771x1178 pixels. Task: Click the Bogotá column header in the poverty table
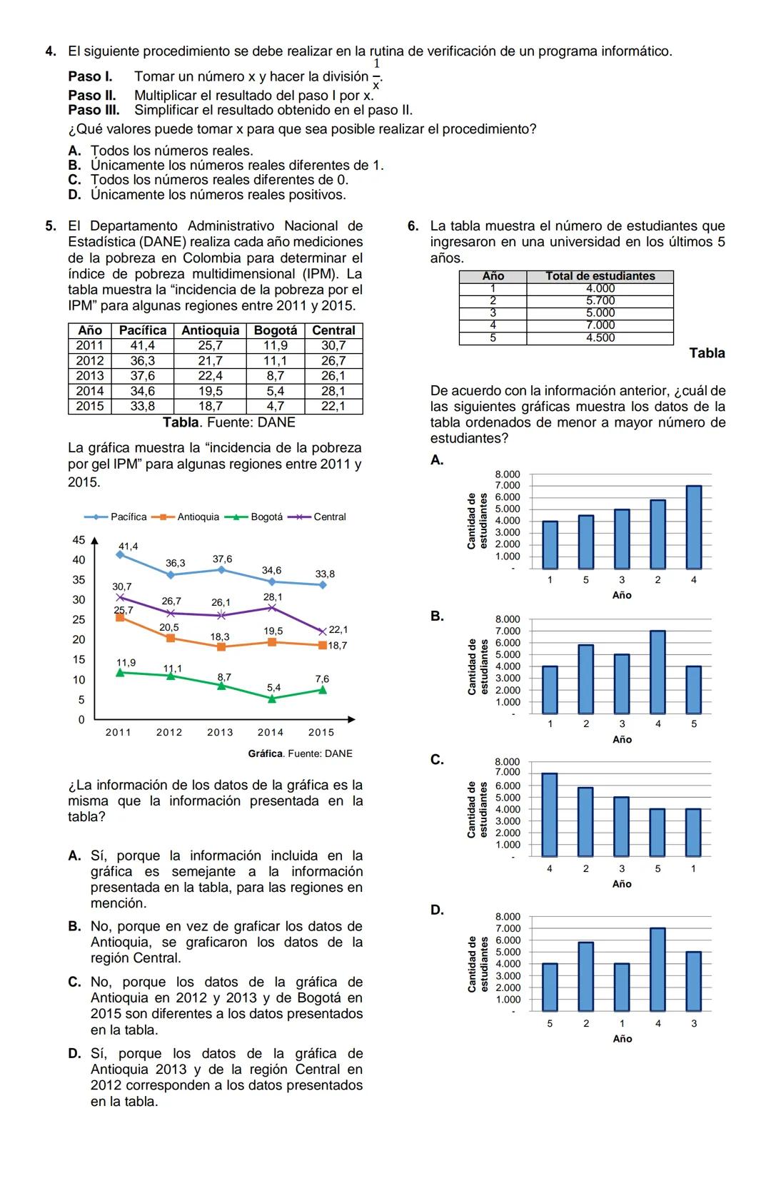(x=276, y=330)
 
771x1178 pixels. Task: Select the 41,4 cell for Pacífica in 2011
(x=142, y=345)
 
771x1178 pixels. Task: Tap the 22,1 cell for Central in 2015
(x=333, y=406)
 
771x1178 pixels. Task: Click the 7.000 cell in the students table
(x=600, y=325)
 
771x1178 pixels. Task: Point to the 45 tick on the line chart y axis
(x=79, y=540)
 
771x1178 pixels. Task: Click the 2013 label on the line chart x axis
(x=220, y=732)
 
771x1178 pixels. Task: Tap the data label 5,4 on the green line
(x=273, y=688)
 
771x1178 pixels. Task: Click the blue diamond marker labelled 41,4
(x=120, y=554)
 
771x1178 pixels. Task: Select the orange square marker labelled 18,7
(x=323, y=646)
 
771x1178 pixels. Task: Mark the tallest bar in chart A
(x=693, y=527)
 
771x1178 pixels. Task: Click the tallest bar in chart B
(x=657, y=671)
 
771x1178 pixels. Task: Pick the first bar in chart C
(x=550, y=814)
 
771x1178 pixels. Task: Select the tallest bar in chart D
(x=657, y=969)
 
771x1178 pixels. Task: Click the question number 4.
(x=50, y=51)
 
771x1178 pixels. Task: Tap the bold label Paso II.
(x=92, y=95)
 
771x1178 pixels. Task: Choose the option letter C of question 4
(x=74, y=180)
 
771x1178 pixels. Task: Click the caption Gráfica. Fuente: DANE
(x=300, y=753)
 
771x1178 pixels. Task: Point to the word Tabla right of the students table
(x=707, y=353)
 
